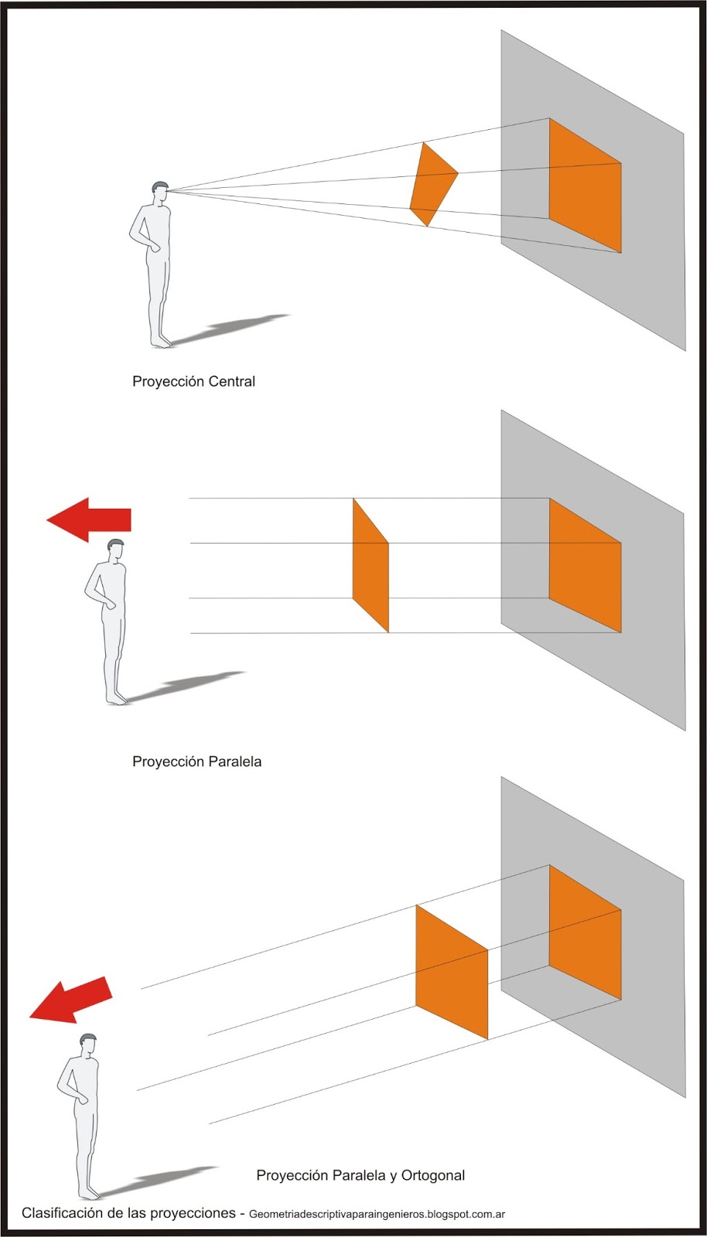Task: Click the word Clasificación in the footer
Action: point(63,1213)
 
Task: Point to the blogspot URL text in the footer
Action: point(377,1215)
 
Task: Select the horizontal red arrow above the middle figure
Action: point(89,520)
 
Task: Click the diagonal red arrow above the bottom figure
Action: point(72,1000)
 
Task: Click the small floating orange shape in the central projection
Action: point(432,183)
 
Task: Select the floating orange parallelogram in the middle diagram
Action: point(371,566)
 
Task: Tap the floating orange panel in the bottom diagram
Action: point(452,972)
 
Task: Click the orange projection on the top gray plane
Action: point(585,186)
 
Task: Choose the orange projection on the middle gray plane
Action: point(585,565)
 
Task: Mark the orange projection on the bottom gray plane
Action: point(585,932)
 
